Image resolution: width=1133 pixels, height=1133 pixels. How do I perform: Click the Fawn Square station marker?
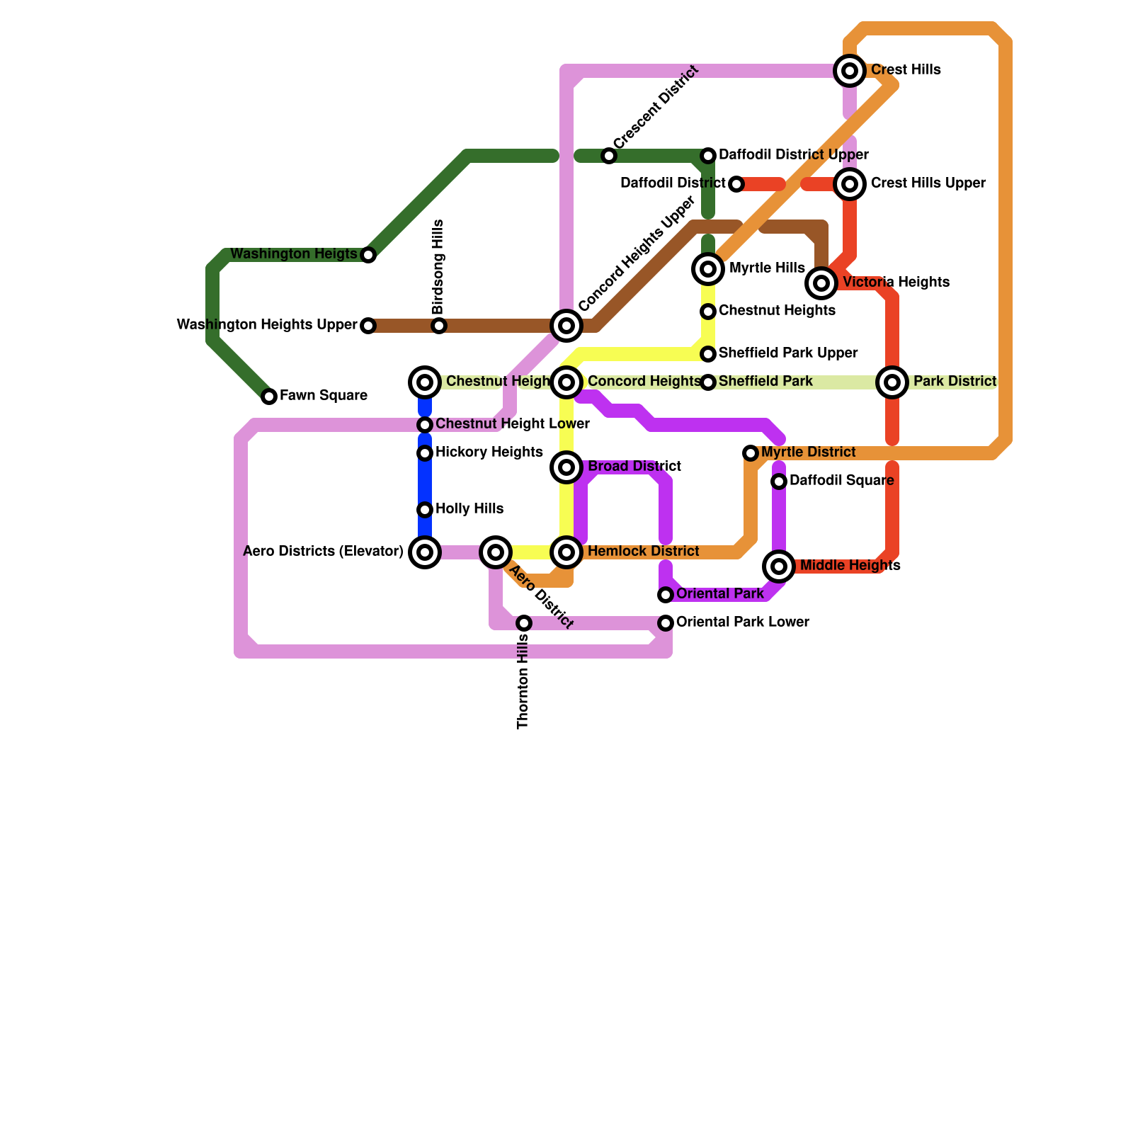(x=269, y=397)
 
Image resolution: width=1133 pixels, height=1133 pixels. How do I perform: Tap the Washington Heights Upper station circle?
(x=368, y=326)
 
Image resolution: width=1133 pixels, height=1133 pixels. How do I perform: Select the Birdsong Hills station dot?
(x=439, y=326)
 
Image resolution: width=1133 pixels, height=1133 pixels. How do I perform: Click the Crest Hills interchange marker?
(x=850, y=70)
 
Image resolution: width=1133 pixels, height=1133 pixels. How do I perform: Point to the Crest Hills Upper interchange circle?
(x=850, y=184)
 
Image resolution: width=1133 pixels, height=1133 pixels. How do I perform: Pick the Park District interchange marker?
(x=892, y=382)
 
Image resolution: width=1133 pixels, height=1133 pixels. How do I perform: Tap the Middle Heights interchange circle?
(x=779, y=566)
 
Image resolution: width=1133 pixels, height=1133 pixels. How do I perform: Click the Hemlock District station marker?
(x=566, y=552)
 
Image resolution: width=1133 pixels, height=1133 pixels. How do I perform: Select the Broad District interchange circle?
(x=566, y=467)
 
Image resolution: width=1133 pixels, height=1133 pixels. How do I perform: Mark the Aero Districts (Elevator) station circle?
(x=425, y=552)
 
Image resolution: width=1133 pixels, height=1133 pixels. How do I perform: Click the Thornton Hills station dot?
(x=524, y=623)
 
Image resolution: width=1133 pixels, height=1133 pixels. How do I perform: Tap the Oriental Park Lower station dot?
(x=666, y=623)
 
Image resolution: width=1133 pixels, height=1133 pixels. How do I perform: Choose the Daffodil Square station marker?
(x=779, y=482)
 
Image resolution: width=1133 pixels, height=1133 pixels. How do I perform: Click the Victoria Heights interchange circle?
(x=821, y=283)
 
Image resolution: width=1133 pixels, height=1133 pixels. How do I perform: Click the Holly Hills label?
(x=469, y=509)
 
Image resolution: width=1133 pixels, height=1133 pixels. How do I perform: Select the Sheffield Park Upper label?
(x=787, y=353)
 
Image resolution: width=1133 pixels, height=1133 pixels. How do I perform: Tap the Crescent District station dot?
(x=609, y=156)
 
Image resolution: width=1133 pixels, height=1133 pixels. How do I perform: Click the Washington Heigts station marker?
(x=368, y=255)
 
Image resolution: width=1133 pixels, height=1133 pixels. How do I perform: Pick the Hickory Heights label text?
(x=489, y=452)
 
